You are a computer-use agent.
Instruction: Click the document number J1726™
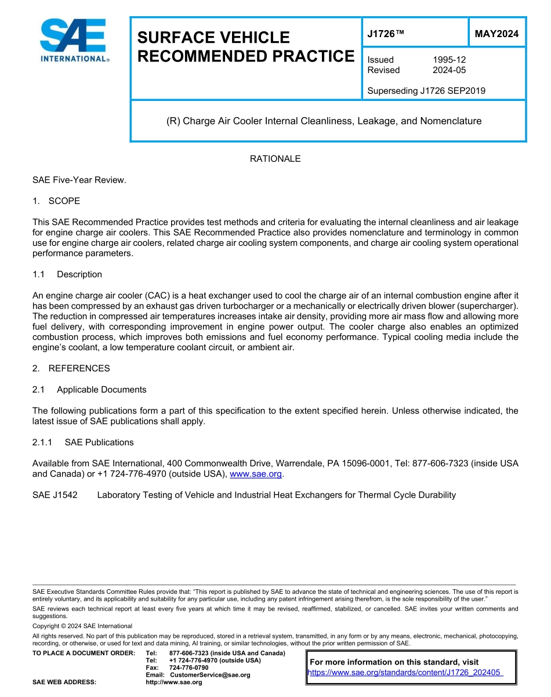click(x=385, y=34)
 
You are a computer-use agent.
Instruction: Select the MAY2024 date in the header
click(x=496, y=34)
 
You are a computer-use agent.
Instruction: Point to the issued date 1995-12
click(x=449, y=60)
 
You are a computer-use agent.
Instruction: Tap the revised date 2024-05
click(x=449, y=70)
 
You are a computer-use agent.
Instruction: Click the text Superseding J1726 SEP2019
click(x=426, y=90)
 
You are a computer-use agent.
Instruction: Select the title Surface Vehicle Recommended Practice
click(x=245, y=47)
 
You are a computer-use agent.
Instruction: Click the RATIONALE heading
click(x=275, y=159)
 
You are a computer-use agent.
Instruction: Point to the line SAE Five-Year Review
click(x=79, y=180)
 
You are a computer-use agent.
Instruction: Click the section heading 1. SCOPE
click(x=56, y=201)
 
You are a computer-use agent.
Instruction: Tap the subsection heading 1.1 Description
click(x=67, y=274)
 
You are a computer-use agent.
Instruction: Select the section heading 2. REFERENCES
click(x=71, y=368)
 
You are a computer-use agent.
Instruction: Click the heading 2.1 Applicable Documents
click(x=89, y=390)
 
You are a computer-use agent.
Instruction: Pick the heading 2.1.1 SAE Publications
click(x=83, y=442)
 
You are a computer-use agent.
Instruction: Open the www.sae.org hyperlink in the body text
click(x=256, y=474)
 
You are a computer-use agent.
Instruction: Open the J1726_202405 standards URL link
click(x=404, y=673)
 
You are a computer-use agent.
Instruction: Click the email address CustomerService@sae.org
click(x=210, y=675)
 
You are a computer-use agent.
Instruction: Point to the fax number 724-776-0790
click(x=189, y=667)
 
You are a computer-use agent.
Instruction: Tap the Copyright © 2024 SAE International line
click(x=82, y=626)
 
